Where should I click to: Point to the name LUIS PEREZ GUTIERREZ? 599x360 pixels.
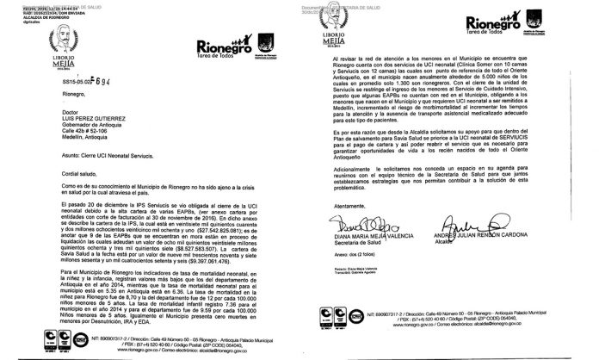tap(51, 121)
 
